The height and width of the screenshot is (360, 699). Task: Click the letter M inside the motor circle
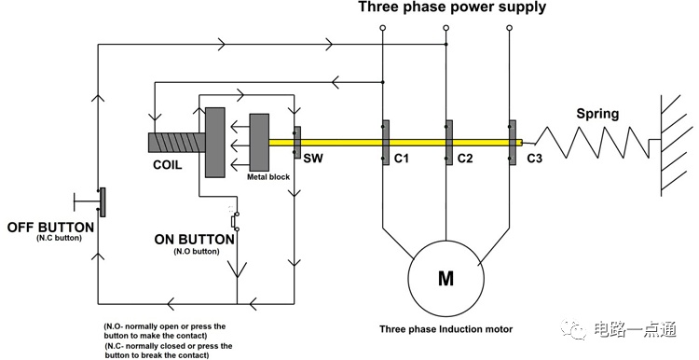445,278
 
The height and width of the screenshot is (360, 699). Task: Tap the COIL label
167,165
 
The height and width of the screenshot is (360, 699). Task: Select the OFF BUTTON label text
50,227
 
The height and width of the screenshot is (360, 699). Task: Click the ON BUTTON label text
195,240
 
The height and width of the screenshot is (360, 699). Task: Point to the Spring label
597,114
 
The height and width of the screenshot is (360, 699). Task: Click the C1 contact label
401,158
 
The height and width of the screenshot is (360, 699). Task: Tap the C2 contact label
465,158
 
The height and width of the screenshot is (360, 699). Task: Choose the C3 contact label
535,158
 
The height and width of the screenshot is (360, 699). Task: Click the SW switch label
313,158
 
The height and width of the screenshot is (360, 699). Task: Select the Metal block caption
268,177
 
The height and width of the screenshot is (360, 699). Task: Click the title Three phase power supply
452,7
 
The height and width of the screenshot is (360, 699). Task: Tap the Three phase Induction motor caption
445,329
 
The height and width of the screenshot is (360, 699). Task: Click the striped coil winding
176,143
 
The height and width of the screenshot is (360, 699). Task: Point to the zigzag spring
593,143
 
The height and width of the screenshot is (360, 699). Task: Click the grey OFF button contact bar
103,202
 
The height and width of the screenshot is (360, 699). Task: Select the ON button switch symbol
235,220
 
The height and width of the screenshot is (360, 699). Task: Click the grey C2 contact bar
449,143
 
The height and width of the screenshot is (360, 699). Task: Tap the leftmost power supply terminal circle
382,28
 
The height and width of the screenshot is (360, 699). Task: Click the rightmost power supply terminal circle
510,28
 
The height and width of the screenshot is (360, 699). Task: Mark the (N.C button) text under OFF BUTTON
59,238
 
